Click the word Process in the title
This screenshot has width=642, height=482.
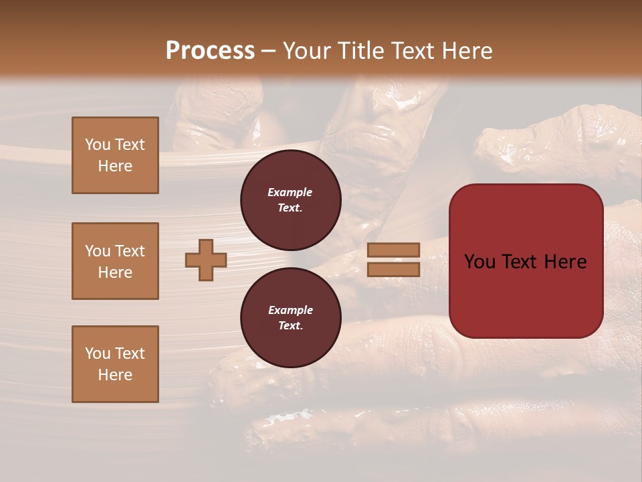(x=210, y=51)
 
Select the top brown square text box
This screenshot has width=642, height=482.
(x=115, y=155)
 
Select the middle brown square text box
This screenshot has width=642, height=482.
(x=115, y=261)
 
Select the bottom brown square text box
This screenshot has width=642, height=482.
(x=115, y=364)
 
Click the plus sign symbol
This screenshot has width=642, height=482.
(x=206, y=260)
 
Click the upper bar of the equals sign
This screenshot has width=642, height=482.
(x=393, y=250)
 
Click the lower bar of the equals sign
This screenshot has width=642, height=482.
(x=393, y=269)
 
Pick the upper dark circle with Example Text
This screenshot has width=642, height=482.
(x=290, y=199)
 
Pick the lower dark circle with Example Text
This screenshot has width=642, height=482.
(x=290, y=317)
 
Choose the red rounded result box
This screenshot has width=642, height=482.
(x=526, y=261)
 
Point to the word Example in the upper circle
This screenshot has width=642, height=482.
(x=290, y=192)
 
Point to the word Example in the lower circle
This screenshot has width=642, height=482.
(x=290, y=310)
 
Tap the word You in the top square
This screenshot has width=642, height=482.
(x=98, y=145)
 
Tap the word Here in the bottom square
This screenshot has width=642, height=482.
(x=115, y=375)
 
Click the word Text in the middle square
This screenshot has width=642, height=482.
(x=130, y=251)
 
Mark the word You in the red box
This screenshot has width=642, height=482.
(x=479, y=262)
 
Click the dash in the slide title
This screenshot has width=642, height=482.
(x=269, y=51)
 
